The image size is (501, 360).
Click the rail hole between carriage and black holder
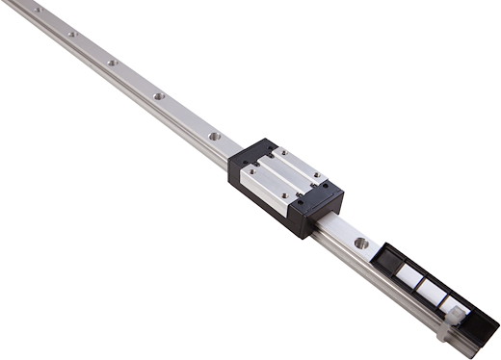[361, 244]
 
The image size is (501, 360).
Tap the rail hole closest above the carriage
[214, 136]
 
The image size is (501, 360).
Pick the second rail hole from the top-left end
[71, 34]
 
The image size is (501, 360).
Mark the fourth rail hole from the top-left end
[159, 96]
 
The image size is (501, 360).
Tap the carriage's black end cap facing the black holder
[319, 207]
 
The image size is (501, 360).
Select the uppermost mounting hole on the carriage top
[281, 152]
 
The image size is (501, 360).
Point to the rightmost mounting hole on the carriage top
[325, 184]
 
